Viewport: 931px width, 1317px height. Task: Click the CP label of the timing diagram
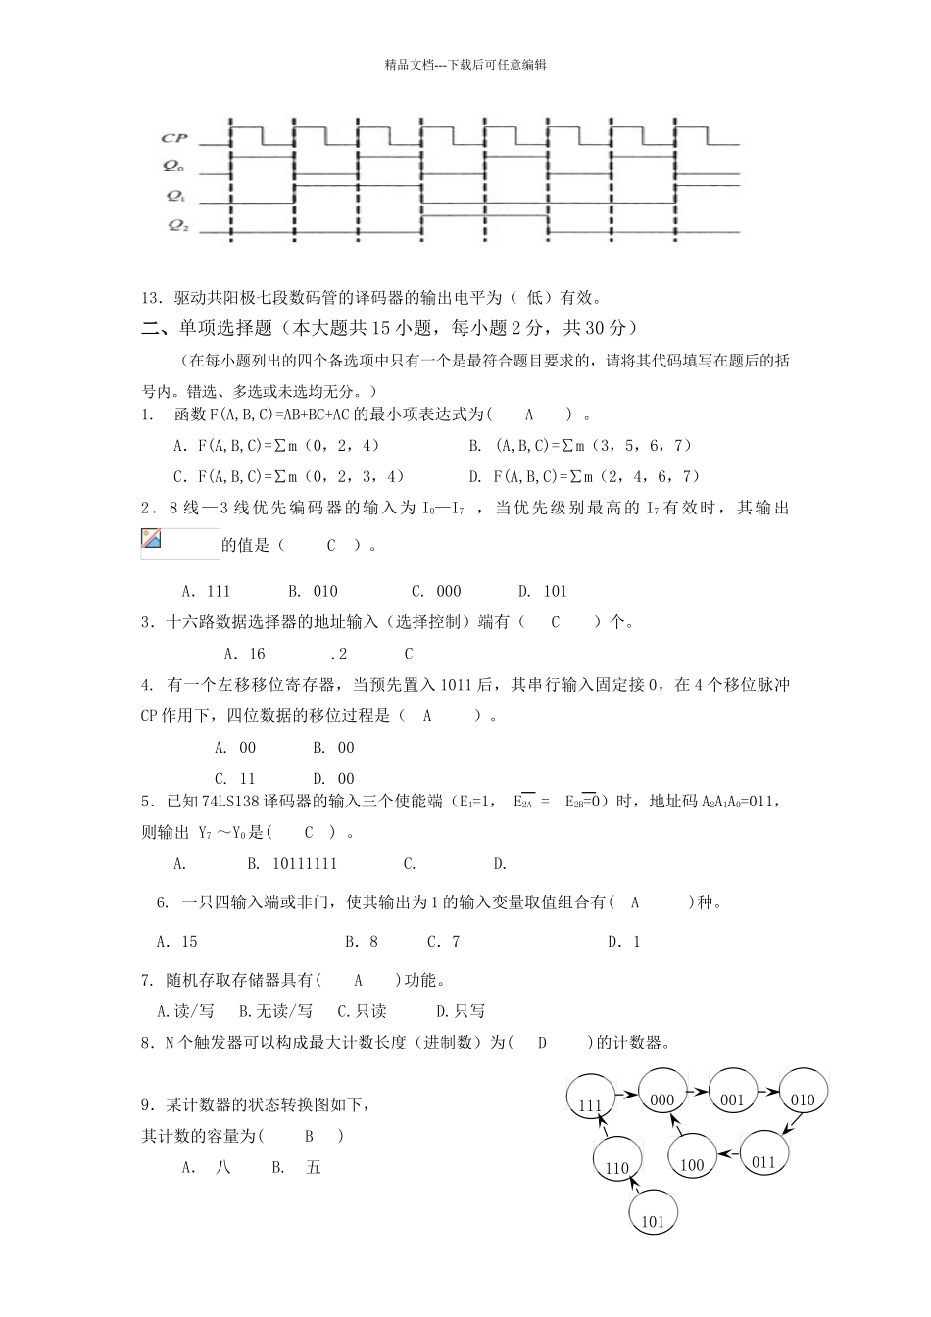click(x=174, y=139)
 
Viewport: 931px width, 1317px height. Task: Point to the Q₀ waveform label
click(x=174, y=167)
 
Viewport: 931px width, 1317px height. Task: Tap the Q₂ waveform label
click(x=177, y=225)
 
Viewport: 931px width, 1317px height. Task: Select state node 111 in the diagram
click(x=591, y=1104)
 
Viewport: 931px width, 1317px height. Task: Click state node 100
click(x=692, y=1163)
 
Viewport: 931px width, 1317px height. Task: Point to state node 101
click(x=653, y=1220)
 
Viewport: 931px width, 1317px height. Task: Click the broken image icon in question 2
click(x=151, y=537)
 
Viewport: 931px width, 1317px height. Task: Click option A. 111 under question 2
click(x=206, y=591)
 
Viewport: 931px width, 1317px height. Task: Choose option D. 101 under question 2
click(x=542, y=591)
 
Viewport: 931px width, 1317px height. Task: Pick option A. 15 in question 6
click(x=177, y=942)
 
